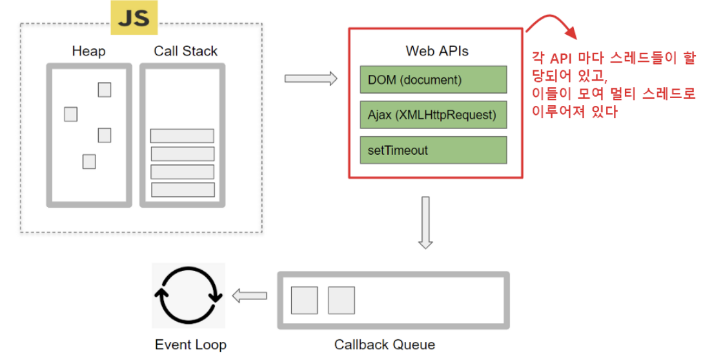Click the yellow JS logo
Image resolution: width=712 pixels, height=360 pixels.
[134, 17]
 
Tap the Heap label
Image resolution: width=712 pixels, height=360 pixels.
[88, 51]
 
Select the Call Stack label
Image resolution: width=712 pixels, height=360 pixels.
[185, 51]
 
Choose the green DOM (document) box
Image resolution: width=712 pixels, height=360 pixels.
[433, 80]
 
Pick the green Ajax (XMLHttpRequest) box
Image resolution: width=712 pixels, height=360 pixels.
[433, 115]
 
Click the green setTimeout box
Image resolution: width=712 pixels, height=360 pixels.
[433, 150]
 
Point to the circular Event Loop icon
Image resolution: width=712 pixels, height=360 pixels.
[188, 296]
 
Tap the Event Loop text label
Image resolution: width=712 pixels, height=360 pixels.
[190, 345]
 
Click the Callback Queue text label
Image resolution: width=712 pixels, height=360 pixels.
[384, 345]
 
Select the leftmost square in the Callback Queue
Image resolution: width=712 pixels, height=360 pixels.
[304, 301]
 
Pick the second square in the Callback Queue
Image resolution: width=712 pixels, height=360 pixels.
[341, 301]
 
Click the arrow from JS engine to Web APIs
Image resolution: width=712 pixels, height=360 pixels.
[311, 79]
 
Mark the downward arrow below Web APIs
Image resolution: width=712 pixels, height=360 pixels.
[425, 222]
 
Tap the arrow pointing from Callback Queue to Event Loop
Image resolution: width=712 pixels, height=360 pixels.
[250, 296]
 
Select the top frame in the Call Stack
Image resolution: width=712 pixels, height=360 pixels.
[182, 135]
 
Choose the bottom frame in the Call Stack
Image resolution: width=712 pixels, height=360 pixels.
[182, 190]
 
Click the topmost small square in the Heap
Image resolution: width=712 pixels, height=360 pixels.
[105, 90]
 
